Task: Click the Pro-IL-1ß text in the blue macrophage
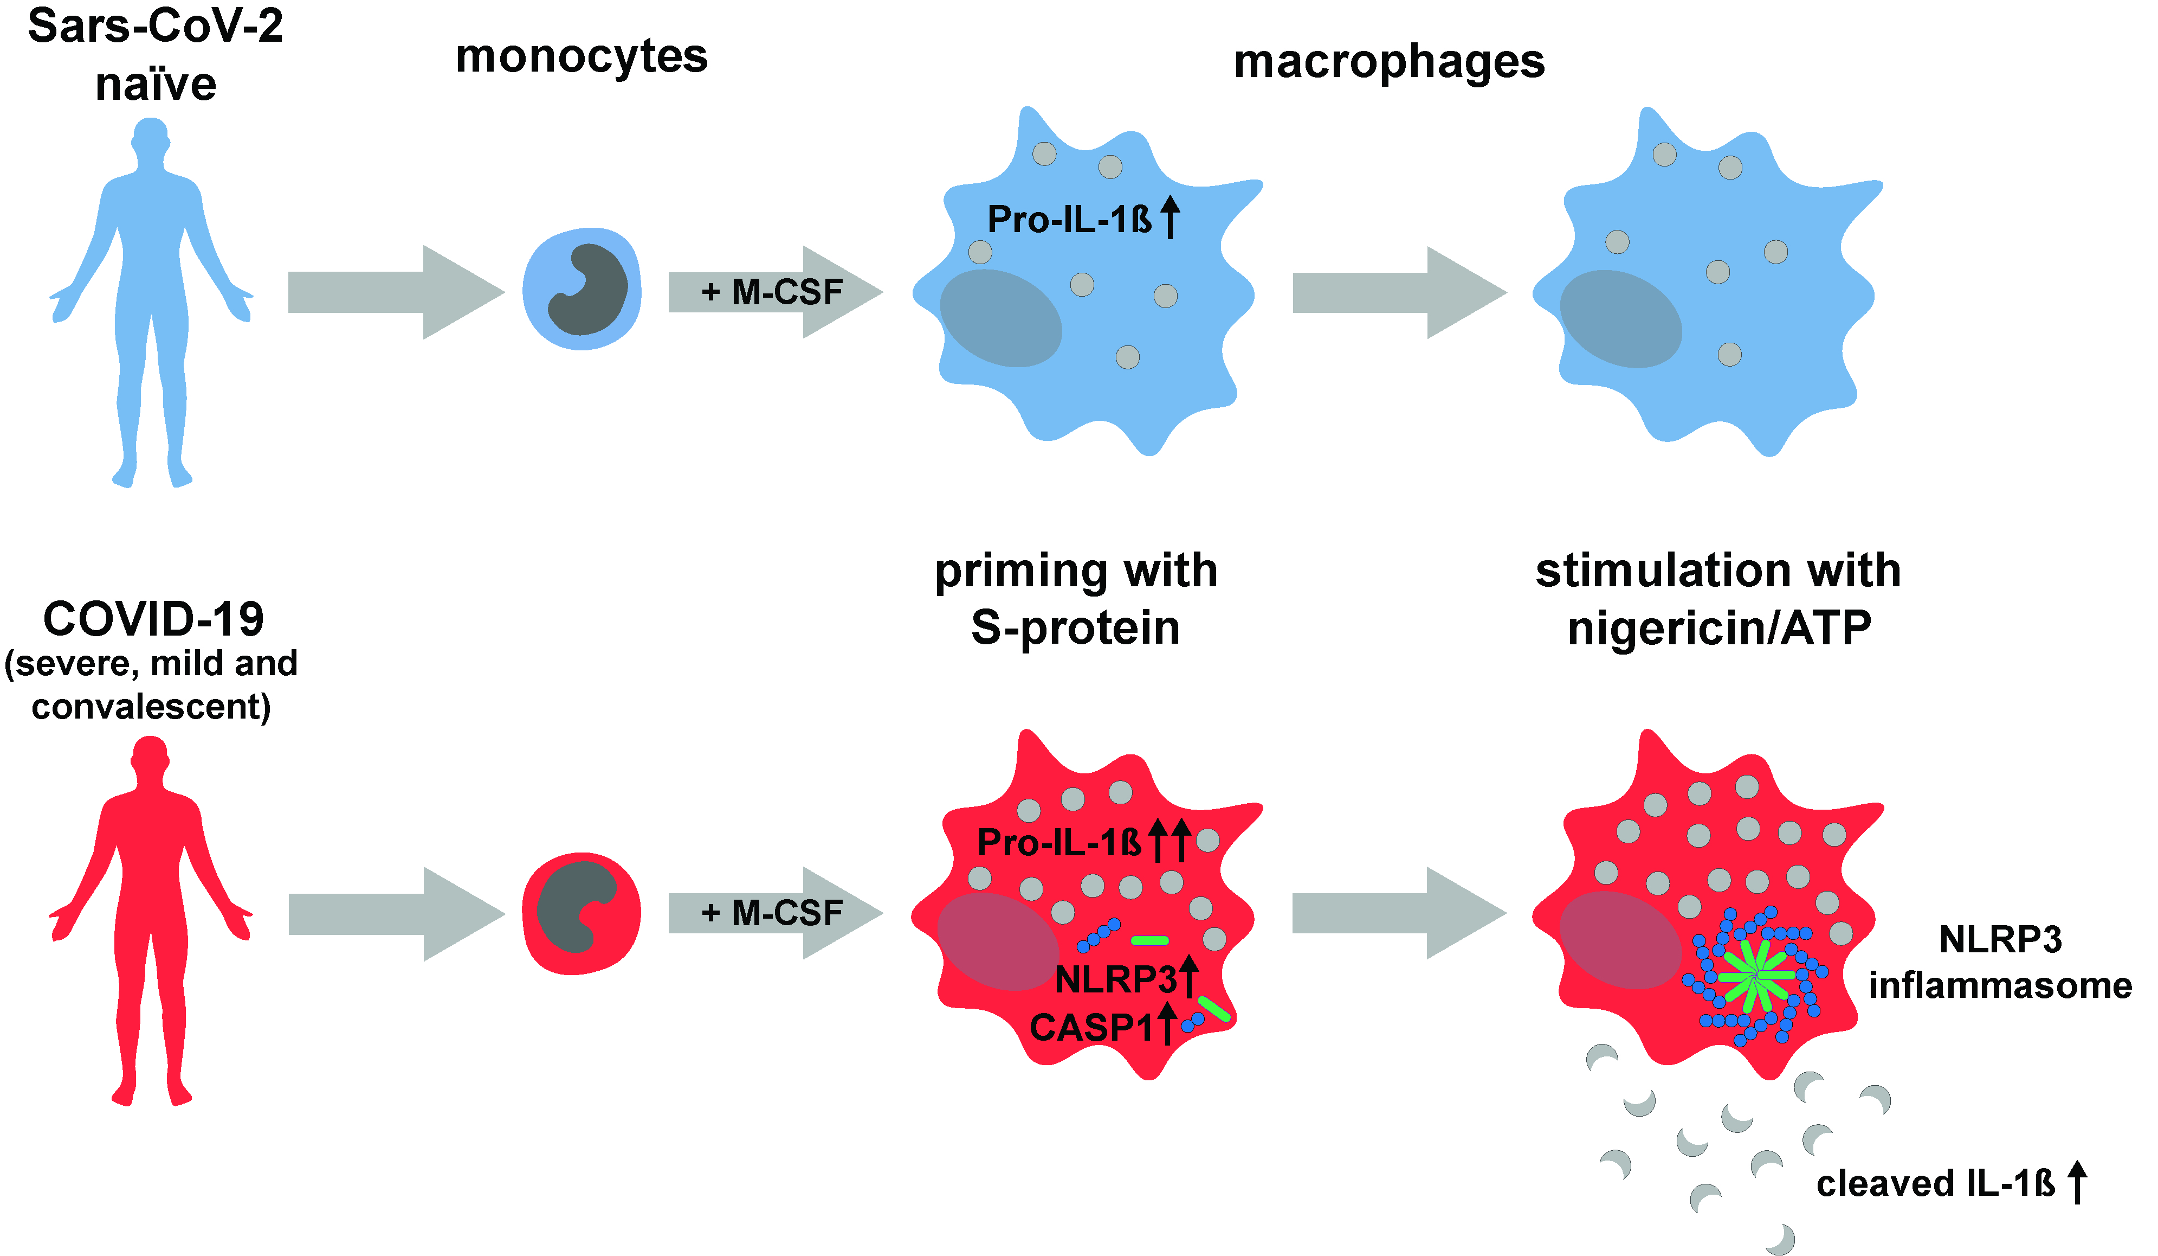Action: click(1069, 219)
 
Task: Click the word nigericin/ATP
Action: click(1718, 628)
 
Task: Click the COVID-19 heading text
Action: click(153, 619)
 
